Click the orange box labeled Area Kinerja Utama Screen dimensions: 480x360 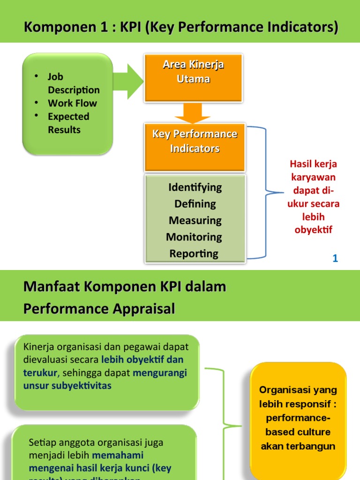(193, 77)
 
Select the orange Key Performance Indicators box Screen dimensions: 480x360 (195, 147)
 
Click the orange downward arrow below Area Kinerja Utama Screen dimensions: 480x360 (194, 113)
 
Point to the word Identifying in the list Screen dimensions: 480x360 (195, 187)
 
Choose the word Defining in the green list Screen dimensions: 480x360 (195, 204)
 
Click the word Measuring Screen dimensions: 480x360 (195, 220)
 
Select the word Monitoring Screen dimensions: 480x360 (194, 237)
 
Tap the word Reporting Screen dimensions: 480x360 (194, 254)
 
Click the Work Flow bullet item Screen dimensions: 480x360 (72, 103)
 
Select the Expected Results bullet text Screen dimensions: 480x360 (68, 123)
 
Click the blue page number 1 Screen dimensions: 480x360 (335, 258)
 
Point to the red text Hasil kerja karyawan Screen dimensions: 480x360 (313, 171)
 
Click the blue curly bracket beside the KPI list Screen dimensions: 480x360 (268, 192)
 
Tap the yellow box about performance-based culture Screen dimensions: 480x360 (298, 417)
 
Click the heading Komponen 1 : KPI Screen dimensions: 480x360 (180, 28)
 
